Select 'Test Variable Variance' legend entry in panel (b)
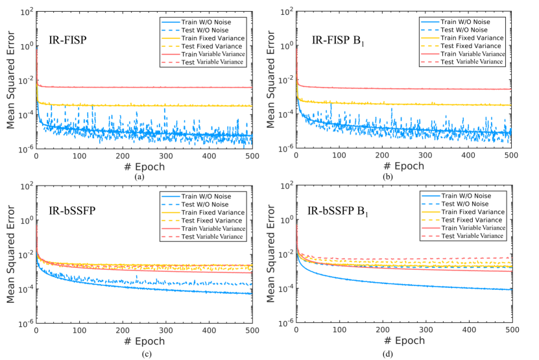(x=472, y=62)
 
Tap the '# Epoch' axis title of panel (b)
(x=403, y=167)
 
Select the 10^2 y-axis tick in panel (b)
(x=284, y=12)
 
